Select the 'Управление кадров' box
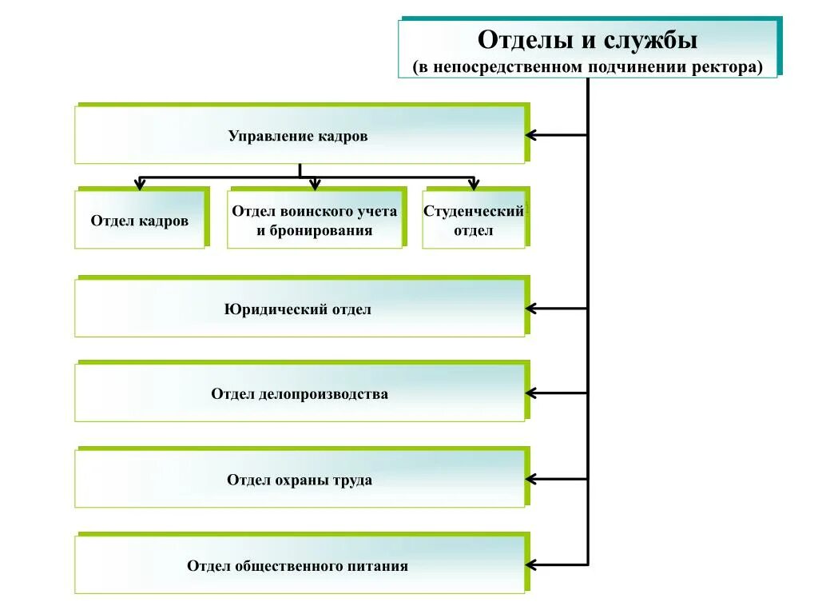[x=300, y=135]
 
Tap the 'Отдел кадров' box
[x=140, y=221]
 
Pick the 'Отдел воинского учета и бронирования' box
[x=315, y=221]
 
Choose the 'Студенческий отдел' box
[x=474, y=221]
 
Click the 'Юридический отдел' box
[x=300, y=309]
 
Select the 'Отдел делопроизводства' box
[x=300, y=393]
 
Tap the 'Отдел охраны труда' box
[x=300, y=480]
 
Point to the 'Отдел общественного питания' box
[x=300, y=566]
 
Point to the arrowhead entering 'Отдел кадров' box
[x=140, y=185]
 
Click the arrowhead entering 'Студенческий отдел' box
[x=474, y=185]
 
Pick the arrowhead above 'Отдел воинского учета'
[x=315, y=185]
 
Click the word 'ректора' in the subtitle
[x=729, y=67]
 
